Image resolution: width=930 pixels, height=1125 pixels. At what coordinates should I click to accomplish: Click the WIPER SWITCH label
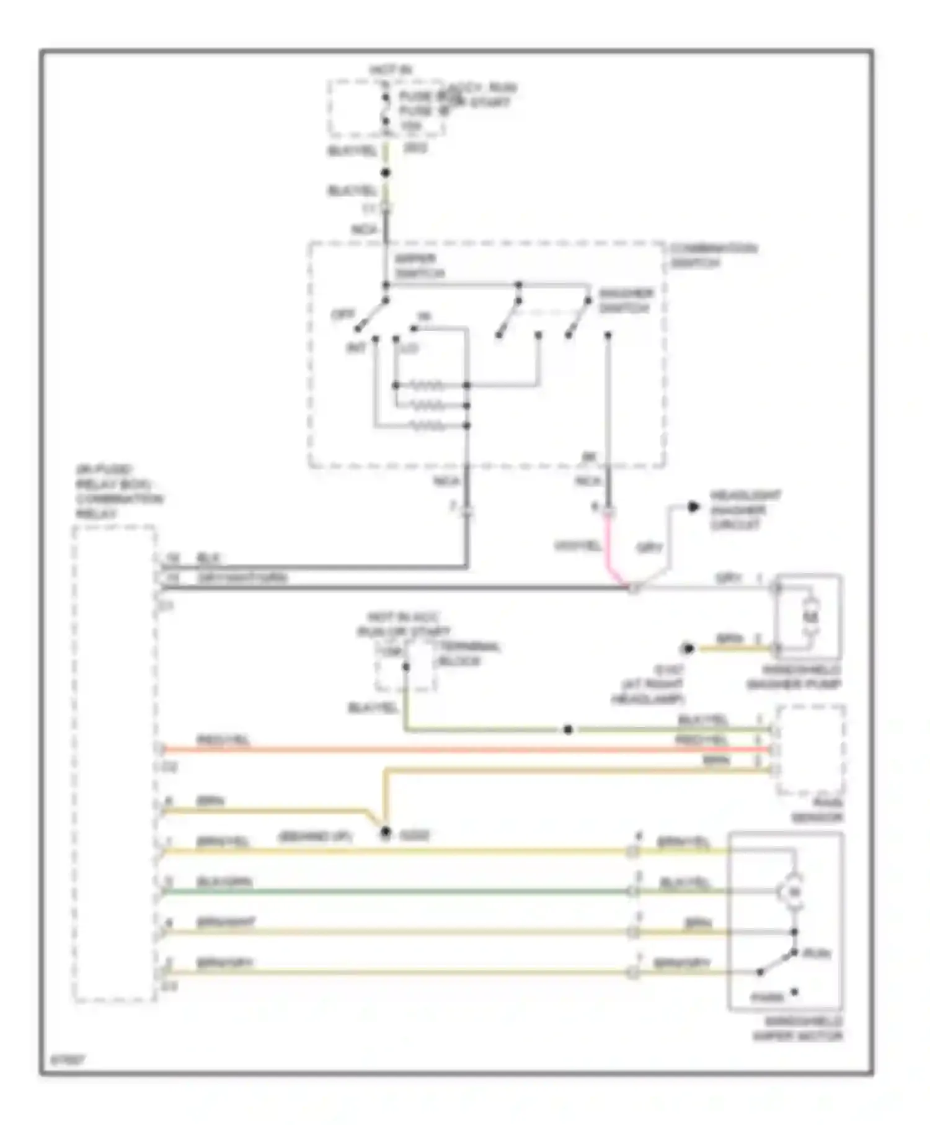coord(419,266)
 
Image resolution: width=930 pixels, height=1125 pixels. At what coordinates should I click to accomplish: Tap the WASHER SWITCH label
coord(625,301)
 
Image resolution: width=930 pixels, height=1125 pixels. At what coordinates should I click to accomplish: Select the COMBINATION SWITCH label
coord(713,256)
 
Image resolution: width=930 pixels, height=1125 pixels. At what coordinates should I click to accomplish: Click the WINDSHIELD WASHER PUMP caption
coord(793,677)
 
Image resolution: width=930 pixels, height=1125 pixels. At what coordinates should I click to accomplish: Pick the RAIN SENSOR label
coord(817,811)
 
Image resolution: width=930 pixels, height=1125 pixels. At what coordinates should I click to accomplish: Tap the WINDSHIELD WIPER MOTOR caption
coord(797,1029)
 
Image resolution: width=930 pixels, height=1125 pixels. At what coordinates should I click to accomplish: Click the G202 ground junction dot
coord(386,832)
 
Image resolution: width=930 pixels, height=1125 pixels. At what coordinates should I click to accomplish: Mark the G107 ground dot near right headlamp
coord(688,649)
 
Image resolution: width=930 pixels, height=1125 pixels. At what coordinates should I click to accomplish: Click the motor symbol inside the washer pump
coord(810,616)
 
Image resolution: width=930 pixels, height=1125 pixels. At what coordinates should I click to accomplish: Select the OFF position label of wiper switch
coord(343,314)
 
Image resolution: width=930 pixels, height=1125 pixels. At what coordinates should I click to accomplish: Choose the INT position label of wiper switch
coord(356,348)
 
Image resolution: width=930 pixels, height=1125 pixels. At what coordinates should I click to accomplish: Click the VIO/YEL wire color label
coord(577,546)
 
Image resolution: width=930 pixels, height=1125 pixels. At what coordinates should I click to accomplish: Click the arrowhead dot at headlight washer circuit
coord(693,507)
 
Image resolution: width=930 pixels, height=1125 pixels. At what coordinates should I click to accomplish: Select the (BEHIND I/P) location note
coord(315,837)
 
